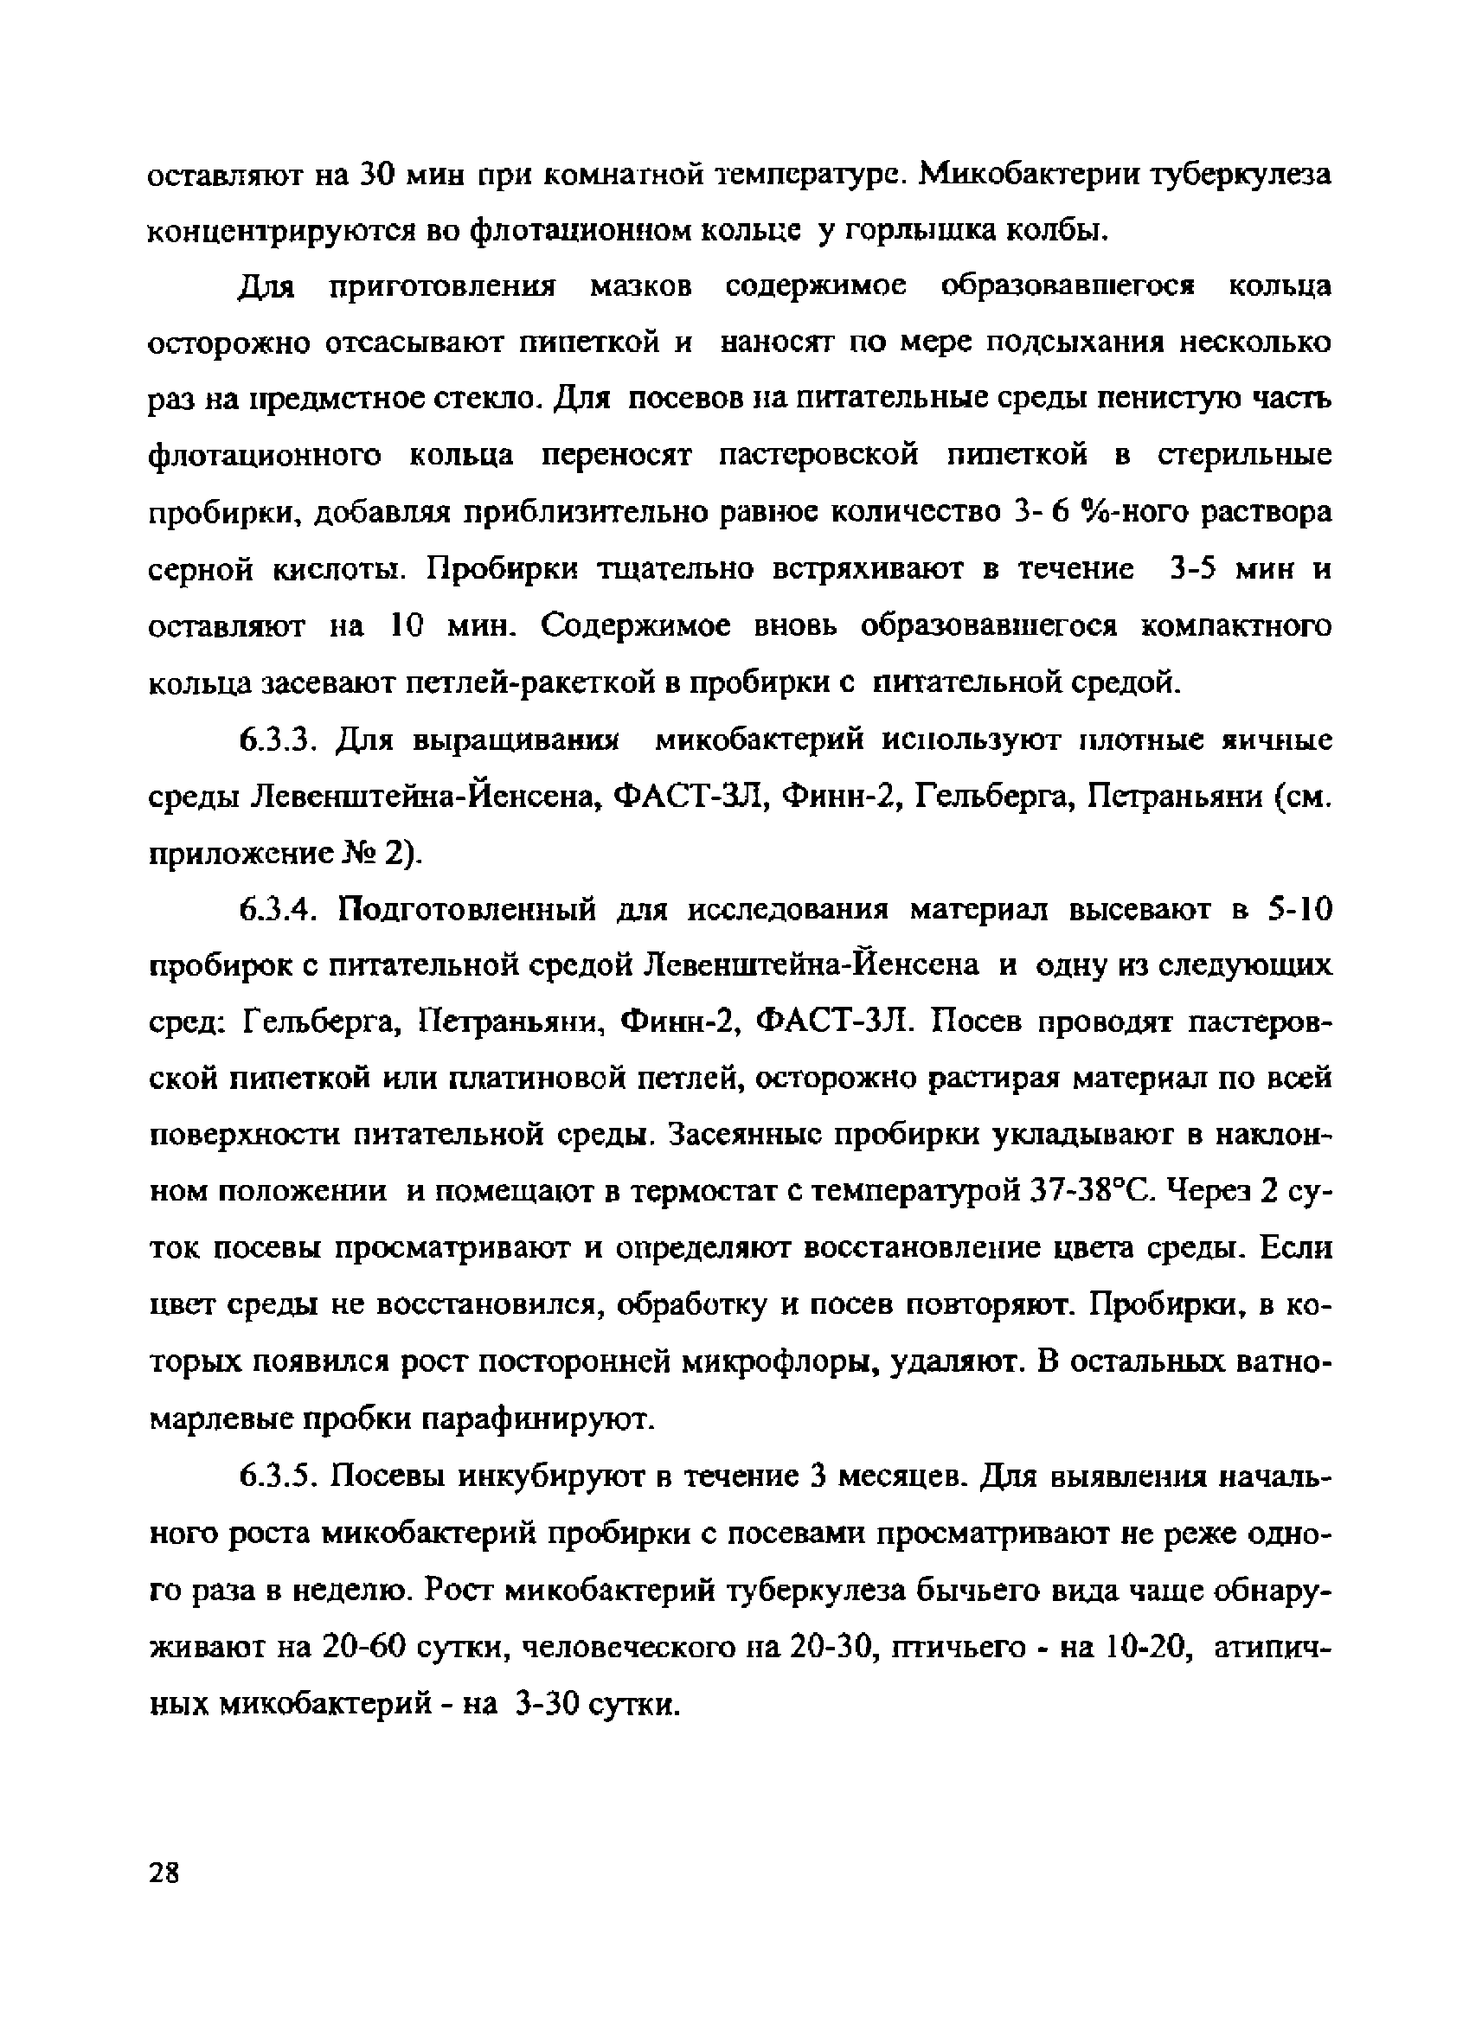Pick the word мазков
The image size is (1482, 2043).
[640, 286]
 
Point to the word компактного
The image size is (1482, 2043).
[1235, 627]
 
